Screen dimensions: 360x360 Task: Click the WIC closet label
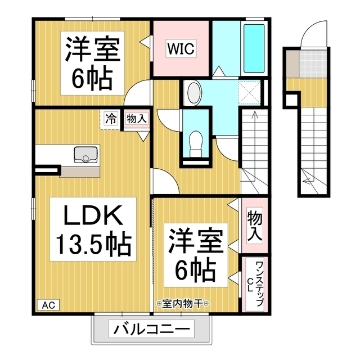(x=180, y=49)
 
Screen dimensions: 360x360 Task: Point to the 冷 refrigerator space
(x=111, y=119)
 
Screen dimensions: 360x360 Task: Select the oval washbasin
(x=193, y=92)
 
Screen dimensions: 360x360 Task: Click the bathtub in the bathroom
(x=252, y=48)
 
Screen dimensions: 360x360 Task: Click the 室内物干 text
(x=183, y=304)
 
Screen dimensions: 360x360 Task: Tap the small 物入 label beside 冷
(x=136, y=119)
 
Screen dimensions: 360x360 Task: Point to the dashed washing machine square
(x=249, y=93)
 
